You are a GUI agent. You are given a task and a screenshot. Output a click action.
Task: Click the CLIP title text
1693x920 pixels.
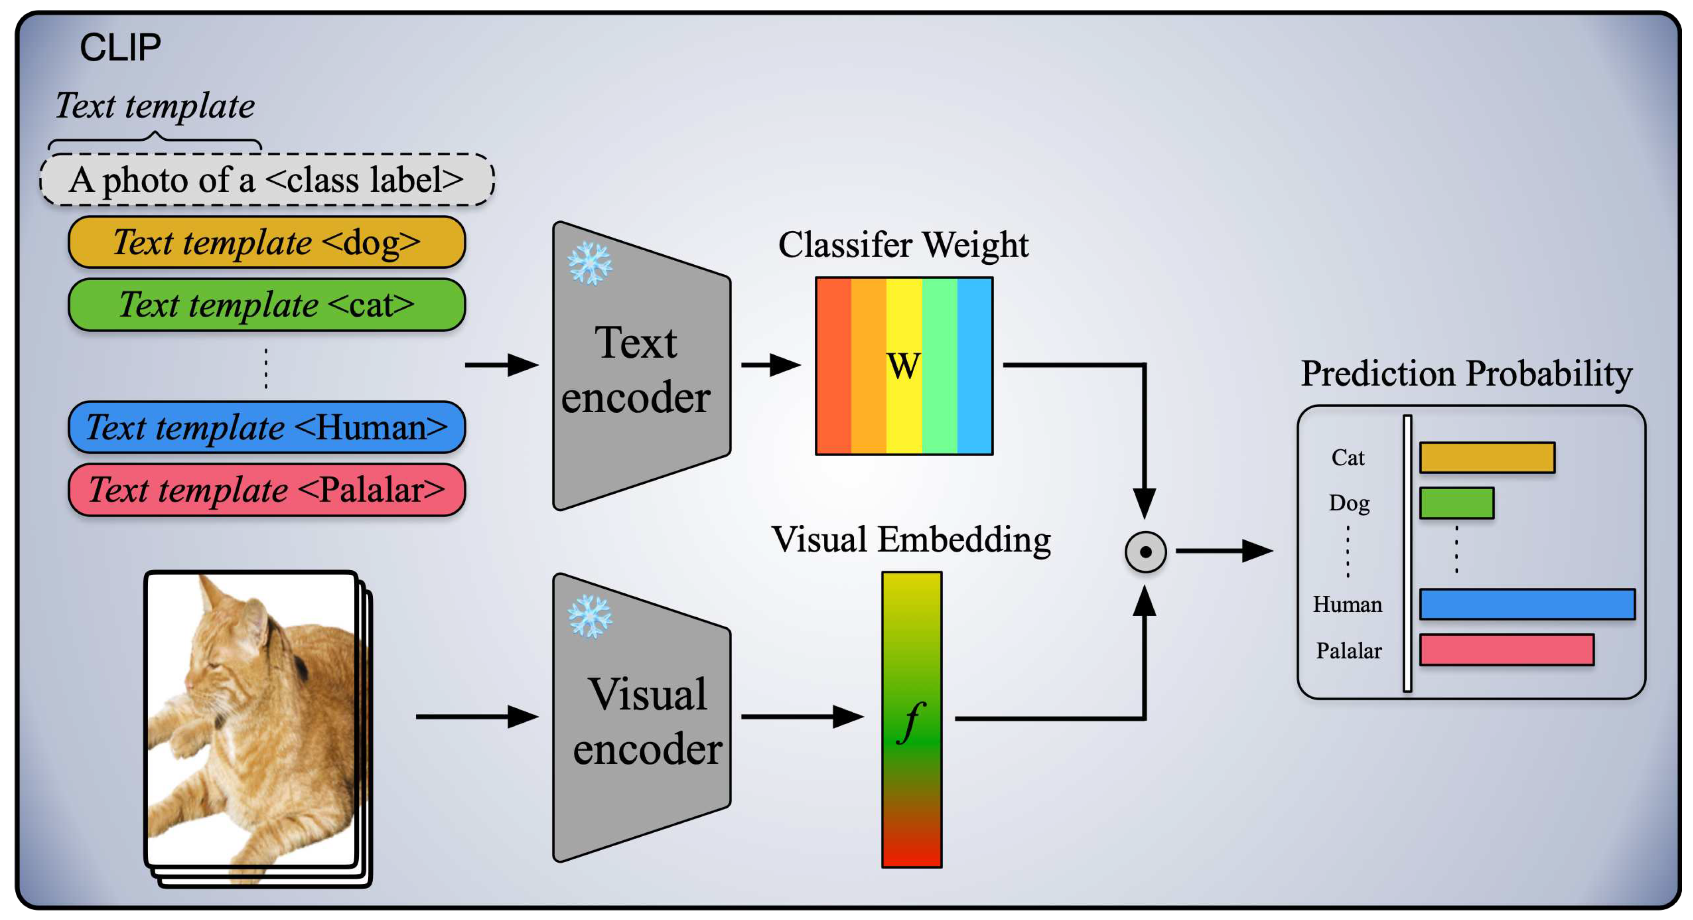click(x=120, y=48)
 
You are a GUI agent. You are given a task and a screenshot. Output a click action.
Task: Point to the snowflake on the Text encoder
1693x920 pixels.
click(x=590, y=263)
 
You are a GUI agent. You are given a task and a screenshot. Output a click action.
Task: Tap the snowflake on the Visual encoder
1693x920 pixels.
click(x=590, y=616)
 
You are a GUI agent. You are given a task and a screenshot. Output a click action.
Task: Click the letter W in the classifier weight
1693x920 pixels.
click(x=903, y=366)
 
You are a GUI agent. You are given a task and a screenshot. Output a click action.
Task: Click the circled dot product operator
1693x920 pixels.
click(x=1145, y=552)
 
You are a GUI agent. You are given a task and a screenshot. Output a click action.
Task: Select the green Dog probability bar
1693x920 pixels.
click(x=1456, y=503)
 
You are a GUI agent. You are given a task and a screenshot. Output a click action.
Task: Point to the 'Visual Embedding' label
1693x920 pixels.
click(x=911, y=540)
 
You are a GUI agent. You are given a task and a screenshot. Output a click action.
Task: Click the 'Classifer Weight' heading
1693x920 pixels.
click(x=903, y=245)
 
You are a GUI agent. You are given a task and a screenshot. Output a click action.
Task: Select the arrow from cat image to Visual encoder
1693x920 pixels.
click(x=476, y=716)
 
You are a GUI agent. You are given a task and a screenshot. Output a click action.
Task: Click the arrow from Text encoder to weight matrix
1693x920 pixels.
click(x=770, y=365)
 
